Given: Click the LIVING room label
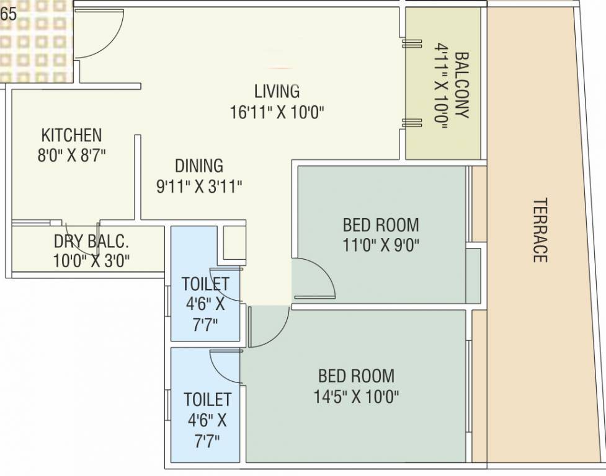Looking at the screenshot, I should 277,91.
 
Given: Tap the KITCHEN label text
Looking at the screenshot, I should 71,134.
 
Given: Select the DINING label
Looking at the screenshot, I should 198,166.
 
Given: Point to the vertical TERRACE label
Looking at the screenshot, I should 540,230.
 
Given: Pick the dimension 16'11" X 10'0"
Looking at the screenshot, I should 277,112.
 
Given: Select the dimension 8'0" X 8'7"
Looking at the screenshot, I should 71,154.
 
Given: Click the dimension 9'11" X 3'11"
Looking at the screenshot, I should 198,186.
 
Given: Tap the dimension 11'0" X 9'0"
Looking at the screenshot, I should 381,244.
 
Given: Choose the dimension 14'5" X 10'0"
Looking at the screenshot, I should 356,396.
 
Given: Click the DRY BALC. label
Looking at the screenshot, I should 91,241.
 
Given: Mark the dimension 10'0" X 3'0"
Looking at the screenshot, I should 91,260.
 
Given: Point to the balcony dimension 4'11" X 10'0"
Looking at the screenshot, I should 442,85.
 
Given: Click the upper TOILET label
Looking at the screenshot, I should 205,284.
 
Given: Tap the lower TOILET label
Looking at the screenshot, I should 207,399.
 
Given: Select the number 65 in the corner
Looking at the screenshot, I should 9,14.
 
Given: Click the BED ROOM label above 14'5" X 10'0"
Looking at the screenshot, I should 356,376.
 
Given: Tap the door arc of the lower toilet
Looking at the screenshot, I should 225,366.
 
